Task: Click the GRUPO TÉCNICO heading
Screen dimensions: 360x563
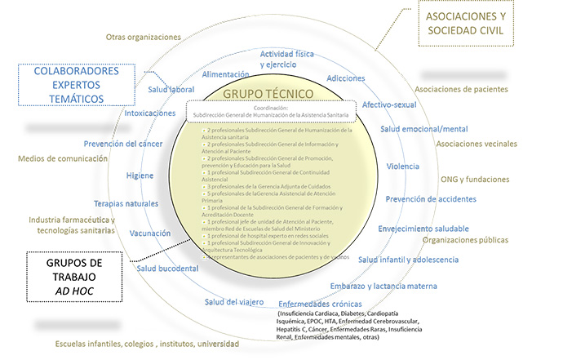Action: pyautogui.click(x=269, y=93)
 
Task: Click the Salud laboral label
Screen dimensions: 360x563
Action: pyautogui.click(x=170, y=90)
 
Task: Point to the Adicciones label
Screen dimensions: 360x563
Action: pyautogui.click(x=345, y=78)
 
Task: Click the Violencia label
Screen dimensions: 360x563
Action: pyautogui.click(x=402, y=167)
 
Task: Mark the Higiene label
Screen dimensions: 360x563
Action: pyautogui.click(x=140, y=176)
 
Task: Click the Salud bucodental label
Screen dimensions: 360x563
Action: pyautogui.click(x=167, y=268)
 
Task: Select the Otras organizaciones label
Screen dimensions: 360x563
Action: pyautogui.click(x=143, y=37)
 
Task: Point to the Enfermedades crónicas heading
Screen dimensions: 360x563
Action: pyautogui.click(x=335, y=304)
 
